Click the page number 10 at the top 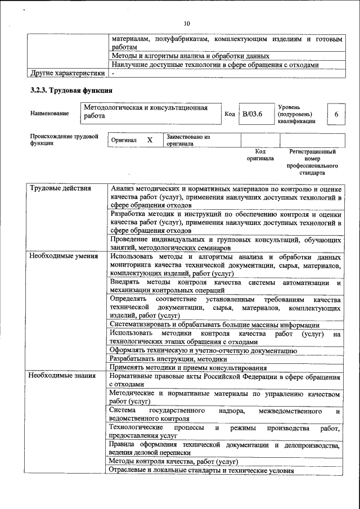click(x=187, y=23)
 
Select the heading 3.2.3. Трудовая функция click(x=71, y=90)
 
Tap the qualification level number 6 click(x=336, y=114)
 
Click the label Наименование click(x=49, y=114)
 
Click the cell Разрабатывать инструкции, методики click(x=168, y=358)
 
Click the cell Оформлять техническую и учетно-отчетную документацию click(x=203, y=350)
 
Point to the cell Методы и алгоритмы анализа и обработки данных click(x=190, y=56)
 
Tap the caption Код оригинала click(x=260, y=155)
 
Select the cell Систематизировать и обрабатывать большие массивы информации click(x=214, y=325)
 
